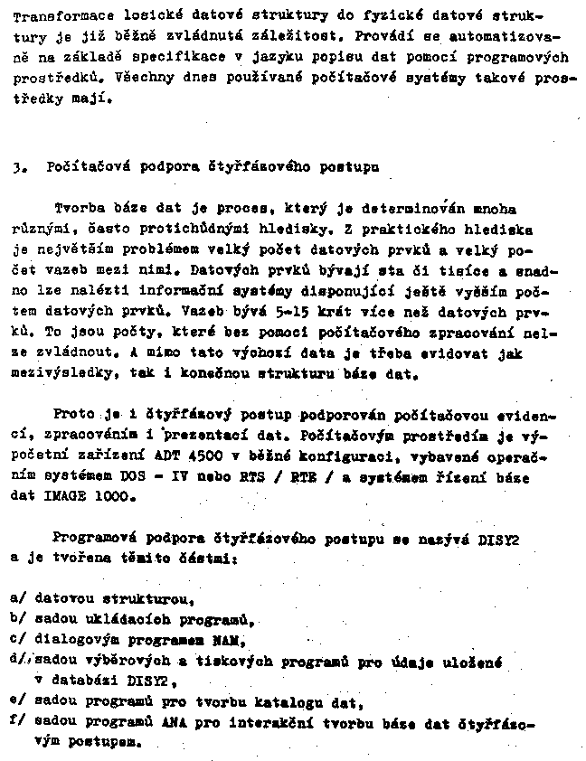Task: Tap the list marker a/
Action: pos(16,599)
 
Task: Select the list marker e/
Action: pos(16,703)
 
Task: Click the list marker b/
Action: pos(16,621)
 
